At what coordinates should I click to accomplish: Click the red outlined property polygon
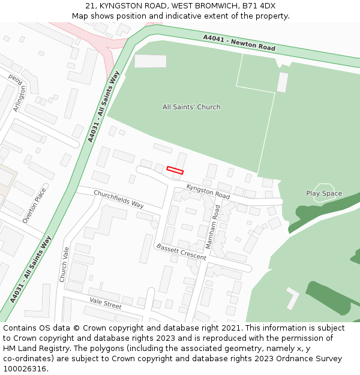click(175, 170)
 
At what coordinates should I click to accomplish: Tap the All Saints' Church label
click(191, 107)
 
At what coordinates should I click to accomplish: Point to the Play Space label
click(324, 194)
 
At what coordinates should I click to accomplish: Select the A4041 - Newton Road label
click(239, 43)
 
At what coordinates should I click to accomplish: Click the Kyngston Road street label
click(208, 192)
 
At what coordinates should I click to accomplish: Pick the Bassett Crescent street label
click(181, 252)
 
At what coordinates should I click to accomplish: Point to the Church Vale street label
click(64, 264)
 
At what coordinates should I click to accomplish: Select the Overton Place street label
click(34, 206)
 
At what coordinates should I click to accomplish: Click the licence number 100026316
click(25, 368)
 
